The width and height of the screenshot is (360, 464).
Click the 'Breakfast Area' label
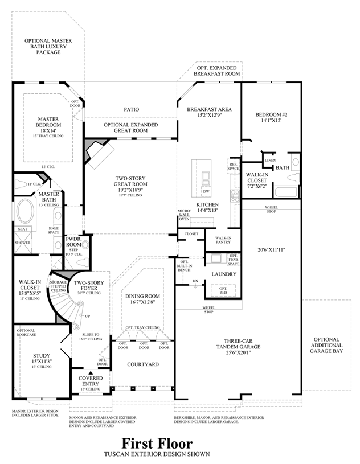208,109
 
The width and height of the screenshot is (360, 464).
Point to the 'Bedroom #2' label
269,116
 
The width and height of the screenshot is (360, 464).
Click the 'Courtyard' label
142,364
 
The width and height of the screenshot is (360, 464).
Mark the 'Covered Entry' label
91,381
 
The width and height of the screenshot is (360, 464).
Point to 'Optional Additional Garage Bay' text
326,345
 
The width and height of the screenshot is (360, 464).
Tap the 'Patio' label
132,109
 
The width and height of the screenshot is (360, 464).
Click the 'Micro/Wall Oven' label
184,215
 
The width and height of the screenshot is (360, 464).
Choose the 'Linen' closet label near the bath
270,161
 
